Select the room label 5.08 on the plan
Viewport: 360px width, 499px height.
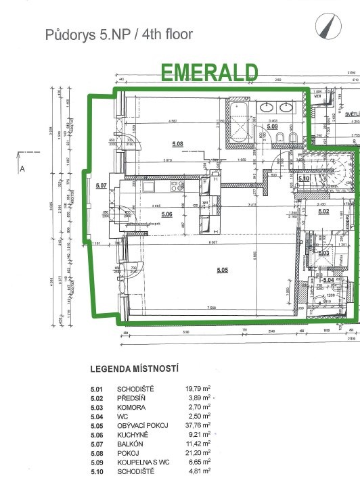pyautogui.click(x=178, y=143)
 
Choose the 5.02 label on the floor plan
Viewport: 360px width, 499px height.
pyautogui.click(x=324, y=212)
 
